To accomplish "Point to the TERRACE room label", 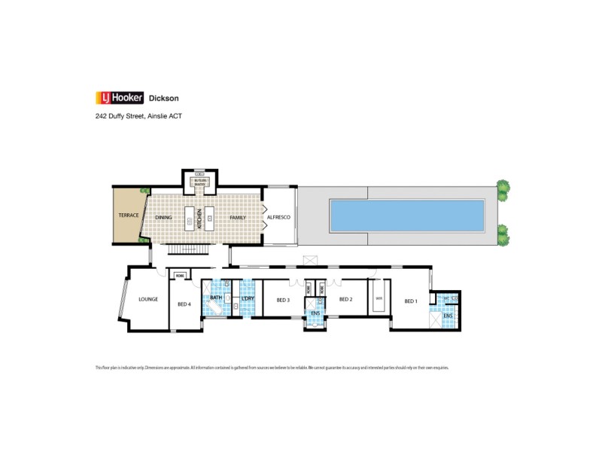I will pos(128,216).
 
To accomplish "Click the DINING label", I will pos(163,217).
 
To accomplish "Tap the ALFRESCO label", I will pos(279,217).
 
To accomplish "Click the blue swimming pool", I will pos(406,215).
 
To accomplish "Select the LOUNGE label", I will pos(147,299).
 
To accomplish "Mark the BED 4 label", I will pos(184,304).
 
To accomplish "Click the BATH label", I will pos(216,298).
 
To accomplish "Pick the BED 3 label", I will pos(283,300).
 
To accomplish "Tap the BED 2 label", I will pos(345,300).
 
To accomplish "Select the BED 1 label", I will pos(410,301).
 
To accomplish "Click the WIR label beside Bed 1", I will pos(379,298).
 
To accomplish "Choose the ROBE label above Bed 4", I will pos(180,276).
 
